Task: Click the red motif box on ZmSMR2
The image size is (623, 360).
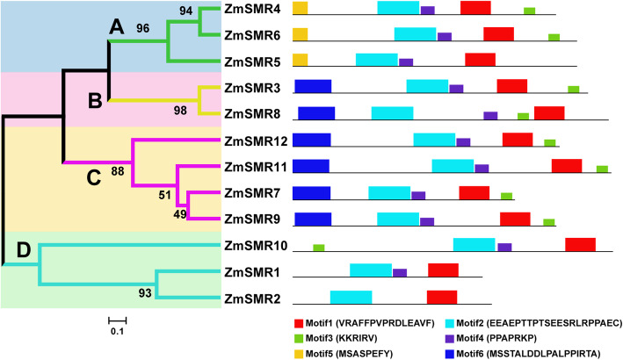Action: [x=442, y=297]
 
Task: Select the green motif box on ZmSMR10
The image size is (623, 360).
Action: [x=318, y=248]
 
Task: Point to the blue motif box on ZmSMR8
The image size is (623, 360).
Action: [x=316, y=113]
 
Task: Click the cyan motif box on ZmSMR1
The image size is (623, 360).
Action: [x=370, y=270]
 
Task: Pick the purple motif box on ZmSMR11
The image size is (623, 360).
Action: [x=482, y=169]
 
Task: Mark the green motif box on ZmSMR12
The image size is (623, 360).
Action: [x=550, y=142]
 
